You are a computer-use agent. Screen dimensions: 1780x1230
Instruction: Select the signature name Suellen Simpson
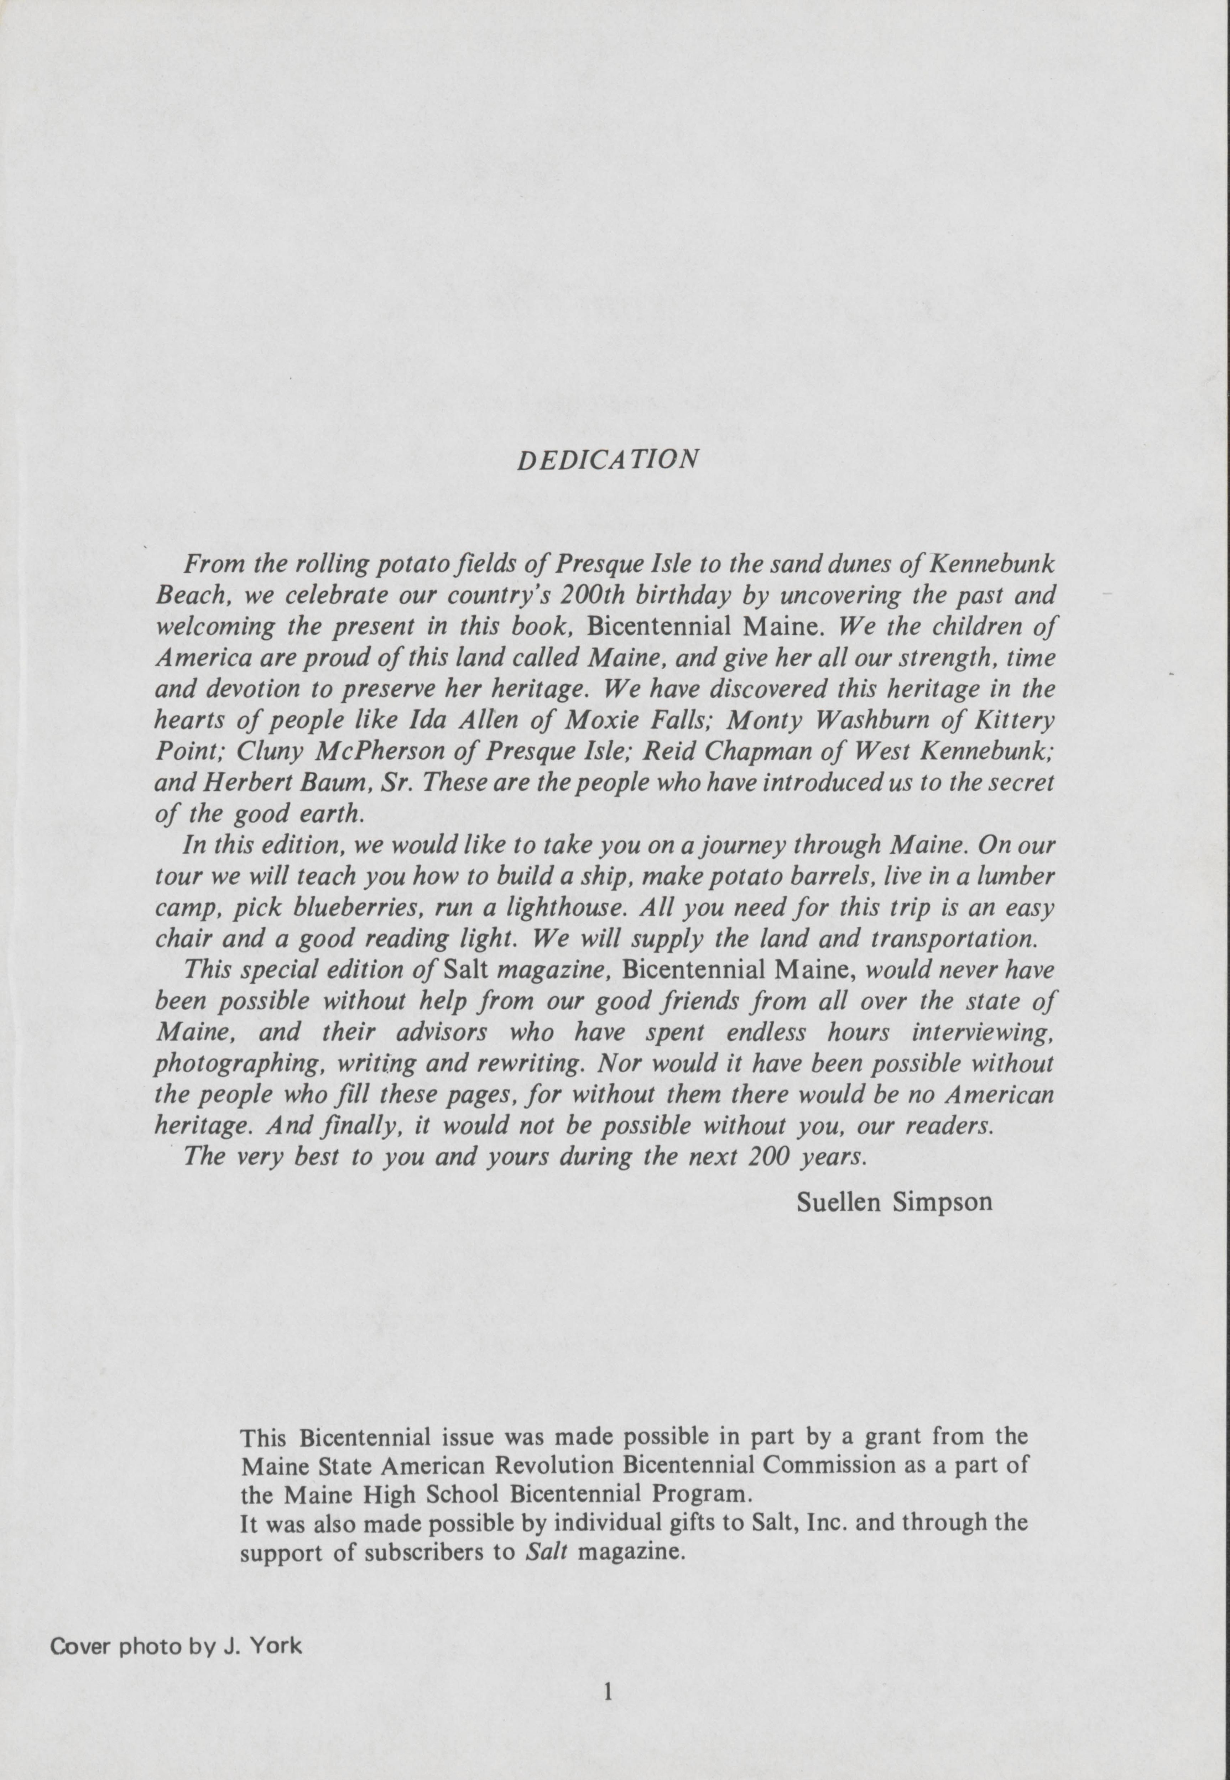894,1201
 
